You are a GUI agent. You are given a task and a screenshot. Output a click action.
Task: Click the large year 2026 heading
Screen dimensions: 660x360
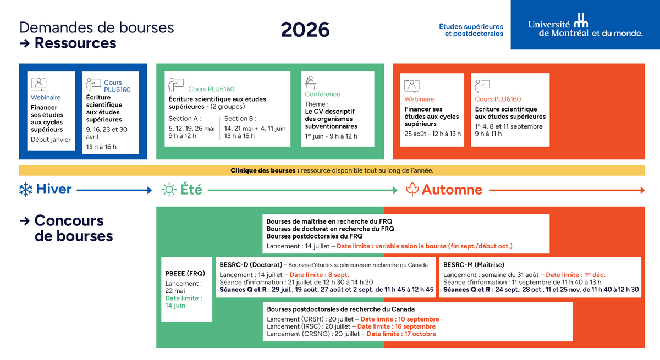305,30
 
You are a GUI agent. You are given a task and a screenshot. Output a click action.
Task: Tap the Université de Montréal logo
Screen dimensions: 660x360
585,25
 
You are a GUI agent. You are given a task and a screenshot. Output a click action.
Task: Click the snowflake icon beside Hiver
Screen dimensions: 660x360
26,190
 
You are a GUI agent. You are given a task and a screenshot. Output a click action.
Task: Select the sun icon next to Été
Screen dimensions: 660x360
169,190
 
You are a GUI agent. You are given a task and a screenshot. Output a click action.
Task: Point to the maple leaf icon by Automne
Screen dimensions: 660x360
412,189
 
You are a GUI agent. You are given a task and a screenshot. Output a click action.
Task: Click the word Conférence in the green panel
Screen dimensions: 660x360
322,94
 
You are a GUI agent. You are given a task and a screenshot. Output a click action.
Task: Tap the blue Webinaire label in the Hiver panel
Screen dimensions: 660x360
46,97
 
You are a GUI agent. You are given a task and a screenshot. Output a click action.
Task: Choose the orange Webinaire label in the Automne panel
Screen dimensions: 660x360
419,99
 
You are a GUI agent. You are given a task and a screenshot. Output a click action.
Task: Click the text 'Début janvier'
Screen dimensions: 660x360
51,140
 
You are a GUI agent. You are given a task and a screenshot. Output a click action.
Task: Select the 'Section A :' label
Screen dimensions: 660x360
185,118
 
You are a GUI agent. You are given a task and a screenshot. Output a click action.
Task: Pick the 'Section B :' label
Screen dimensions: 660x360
240,118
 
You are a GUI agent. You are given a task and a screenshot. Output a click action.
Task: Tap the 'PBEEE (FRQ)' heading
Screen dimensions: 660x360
185,274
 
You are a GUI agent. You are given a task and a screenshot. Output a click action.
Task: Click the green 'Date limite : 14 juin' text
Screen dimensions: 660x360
184,302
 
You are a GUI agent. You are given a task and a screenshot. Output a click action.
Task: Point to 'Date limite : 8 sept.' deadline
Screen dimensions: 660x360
319,275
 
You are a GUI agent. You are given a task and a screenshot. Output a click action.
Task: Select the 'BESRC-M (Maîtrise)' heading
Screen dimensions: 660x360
474,264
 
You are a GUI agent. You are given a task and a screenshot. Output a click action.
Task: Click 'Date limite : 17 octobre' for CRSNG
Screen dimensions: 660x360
402,334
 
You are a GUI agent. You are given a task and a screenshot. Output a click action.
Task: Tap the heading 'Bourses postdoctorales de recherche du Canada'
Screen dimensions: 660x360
340,309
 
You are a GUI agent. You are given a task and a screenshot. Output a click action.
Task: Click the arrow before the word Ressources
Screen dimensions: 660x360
25,43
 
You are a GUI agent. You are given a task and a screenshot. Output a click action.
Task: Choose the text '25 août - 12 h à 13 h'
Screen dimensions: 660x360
432,134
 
